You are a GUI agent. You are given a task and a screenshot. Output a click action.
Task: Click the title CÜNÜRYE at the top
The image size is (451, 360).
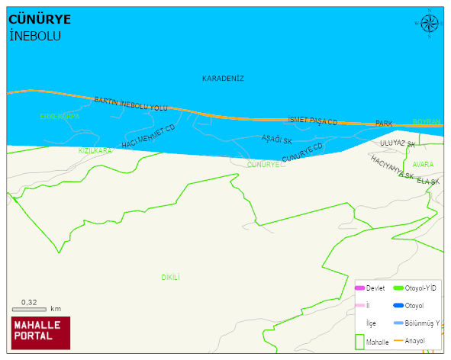coord(40,21)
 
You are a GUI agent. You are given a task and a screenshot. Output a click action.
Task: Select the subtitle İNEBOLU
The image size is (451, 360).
coord(34,36)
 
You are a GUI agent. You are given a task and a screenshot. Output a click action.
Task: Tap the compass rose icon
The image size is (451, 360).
coord(430,24)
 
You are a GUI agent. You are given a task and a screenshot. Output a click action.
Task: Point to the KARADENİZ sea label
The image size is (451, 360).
coord(223,79)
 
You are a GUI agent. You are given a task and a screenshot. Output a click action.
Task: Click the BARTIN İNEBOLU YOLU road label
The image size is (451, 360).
coord(130,104)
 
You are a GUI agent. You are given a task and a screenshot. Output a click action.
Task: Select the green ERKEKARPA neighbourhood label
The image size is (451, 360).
coord(60,117)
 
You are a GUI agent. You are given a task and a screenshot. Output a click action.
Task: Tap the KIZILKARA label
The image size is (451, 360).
coord(95,151)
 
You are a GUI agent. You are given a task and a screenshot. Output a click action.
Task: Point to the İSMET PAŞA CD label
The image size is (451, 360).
coord(312,121)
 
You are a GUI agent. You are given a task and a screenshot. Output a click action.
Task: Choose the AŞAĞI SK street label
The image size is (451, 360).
coord(277,139)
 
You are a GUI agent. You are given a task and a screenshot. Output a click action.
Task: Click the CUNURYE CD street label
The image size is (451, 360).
coord(302,153)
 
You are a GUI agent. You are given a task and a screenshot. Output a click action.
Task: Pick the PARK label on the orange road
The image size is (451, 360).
coord(384,124)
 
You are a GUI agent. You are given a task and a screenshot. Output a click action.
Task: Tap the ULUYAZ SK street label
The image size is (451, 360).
coord(398,143)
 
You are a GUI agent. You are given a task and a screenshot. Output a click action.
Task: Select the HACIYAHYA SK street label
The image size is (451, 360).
coord(392,167)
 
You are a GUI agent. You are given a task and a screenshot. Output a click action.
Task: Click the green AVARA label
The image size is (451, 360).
coord(422,164)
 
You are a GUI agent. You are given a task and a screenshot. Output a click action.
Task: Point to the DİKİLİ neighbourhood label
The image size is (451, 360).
coord(170,278)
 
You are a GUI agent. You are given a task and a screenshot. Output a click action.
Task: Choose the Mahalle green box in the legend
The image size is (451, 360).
coord(360,342)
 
